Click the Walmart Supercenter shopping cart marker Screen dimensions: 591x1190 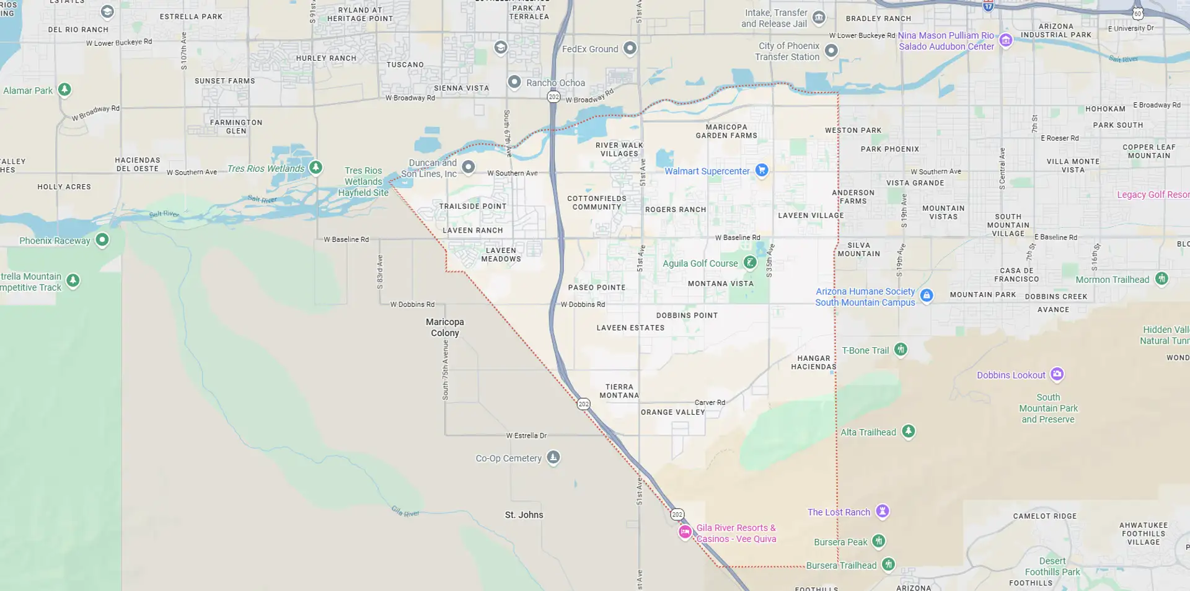point(762,170)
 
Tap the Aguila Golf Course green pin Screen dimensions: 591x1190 point(750,262)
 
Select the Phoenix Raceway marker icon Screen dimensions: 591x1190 point(102,239)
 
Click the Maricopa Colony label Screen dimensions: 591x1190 point(444,327)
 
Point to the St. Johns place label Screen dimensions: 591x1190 point(524,515)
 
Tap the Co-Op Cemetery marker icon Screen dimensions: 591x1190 point(553,457)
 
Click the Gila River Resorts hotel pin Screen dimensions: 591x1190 point(685,532)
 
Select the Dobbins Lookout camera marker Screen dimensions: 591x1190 point(1057,374)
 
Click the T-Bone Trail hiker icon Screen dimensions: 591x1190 point(901,349)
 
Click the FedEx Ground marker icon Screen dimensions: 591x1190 point(630,48)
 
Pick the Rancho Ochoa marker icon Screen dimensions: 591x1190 point(514,82)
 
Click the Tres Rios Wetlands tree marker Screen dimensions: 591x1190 point(315,167)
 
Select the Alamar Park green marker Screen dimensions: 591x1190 point(64,89)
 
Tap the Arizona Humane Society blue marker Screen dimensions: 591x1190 point(927,295)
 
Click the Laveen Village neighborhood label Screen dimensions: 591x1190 point(811,215)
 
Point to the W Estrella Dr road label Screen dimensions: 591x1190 point(526,435)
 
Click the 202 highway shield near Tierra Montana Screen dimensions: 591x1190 point(583,404)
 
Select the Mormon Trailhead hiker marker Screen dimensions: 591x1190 point(1161,278)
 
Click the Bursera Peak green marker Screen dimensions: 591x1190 point(878,541)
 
